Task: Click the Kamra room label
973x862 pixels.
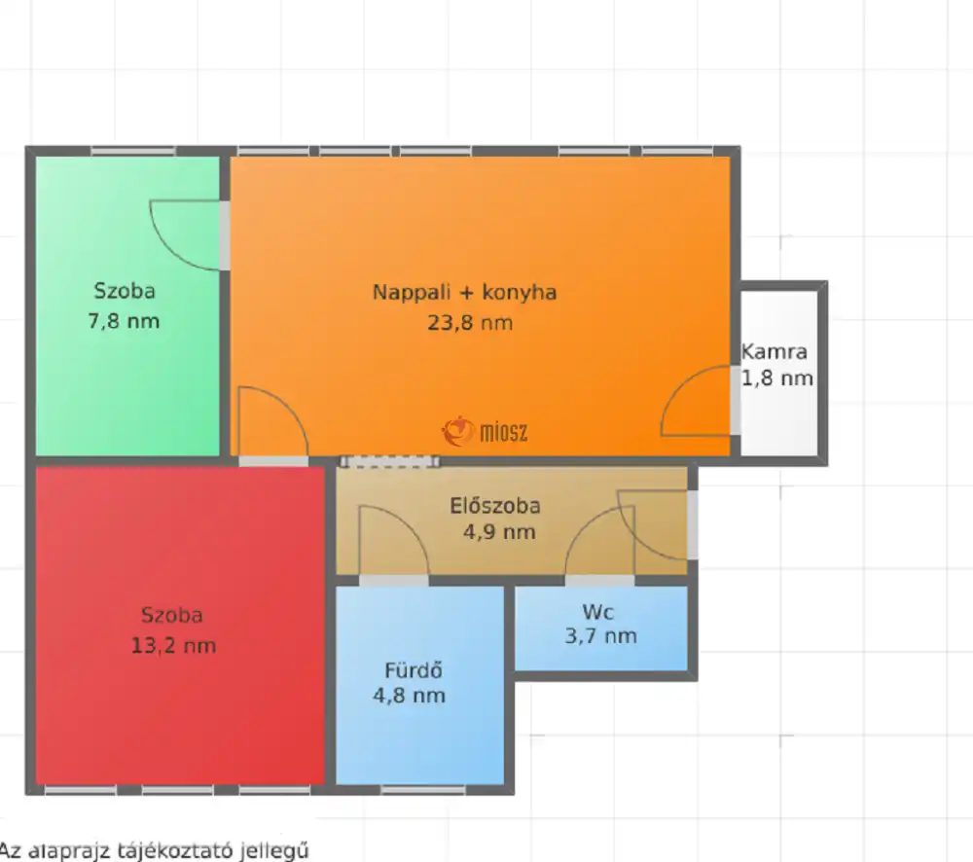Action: coord(774,352)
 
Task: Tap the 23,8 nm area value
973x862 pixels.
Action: coord(470,323)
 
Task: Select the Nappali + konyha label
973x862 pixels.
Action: coord(464,292)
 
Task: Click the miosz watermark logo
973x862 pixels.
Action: coord(485,431)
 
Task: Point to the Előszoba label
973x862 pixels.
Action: coord(494,506)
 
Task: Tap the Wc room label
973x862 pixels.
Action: coord(598,613)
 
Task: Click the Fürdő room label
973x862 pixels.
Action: coord(414,670)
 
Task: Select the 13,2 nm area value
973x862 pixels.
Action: coord(173,646)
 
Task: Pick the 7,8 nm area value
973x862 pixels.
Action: coord(124,321)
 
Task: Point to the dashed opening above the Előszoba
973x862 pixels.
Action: coord(390,461)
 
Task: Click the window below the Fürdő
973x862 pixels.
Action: coord(422,790)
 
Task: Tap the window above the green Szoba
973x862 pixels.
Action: coord(132,151)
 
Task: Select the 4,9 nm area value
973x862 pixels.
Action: coord(499,532)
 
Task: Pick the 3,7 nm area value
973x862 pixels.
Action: coord(600,636)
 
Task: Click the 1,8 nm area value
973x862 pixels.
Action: coord(777,377)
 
